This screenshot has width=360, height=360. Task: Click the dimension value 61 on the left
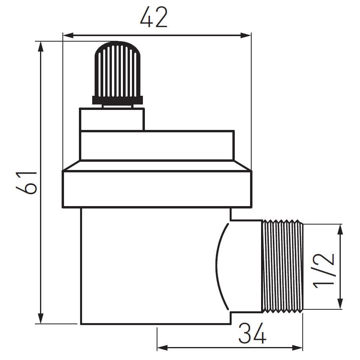(x=27, y=183)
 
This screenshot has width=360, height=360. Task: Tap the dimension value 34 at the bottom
(x=252, y=334)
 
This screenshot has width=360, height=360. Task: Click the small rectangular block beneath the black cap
(x=112, y=119)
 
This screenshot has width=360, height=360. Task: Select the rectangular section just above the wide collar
(x=157, y=145)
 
